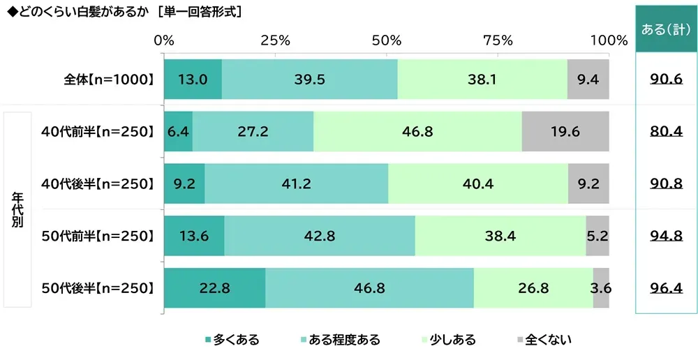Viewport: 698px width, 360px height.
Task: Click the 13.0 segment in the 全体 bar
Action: click(x=193, y=79)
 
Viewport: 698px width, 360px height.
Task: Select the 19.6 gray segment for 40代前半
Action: click(x=565, y=131)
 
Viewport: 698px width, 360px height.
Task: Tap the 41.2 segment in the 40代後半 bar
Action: click(x=296, y=183)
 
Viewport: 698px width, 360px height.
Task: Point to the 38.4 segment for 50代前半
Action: click(x=500, y=236)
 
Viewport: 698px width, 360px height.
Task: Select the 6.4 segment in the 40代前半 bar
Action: click(x=178, y=131)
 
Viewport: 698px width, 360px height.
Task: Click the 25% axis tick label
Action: click(x=275, y=40)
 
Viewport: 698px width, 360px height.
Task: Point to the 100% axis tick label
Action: click(x=609, y=40)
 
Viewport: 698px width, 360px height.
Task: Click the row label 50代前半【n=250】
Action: click(x=97, y=236)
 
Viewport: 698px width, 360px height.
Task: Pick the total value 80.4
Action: click(x=665, y=131)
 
